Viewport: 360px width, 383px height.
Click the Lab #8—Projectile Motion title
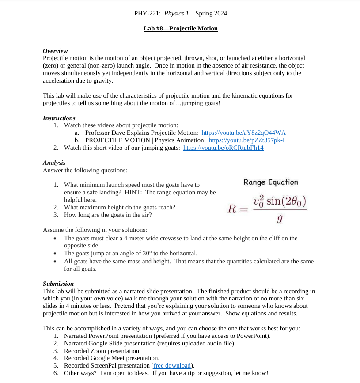click(x=180, y=29)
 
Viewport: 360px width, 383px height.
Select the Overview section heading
click(x=55, y=51)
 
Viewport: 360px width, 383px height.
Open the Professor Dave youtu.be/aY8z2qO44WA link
click(x=243, y=133)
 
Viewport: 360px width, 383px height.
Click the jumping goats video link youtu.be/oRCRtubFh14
click(x=223, y=148)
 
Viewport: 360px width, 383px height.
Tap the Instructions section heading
click(x=59, y=118)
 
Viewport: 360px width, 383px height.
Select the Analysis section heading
click(x=54, y=163)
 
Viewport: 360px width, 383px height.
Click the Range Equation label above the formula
click(x=271, y=182)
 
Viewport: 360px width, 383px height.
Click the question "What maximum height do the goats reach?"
click(x=119, y=207)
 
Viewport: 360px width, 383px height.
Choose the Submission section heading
click(x=58, y=284)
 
